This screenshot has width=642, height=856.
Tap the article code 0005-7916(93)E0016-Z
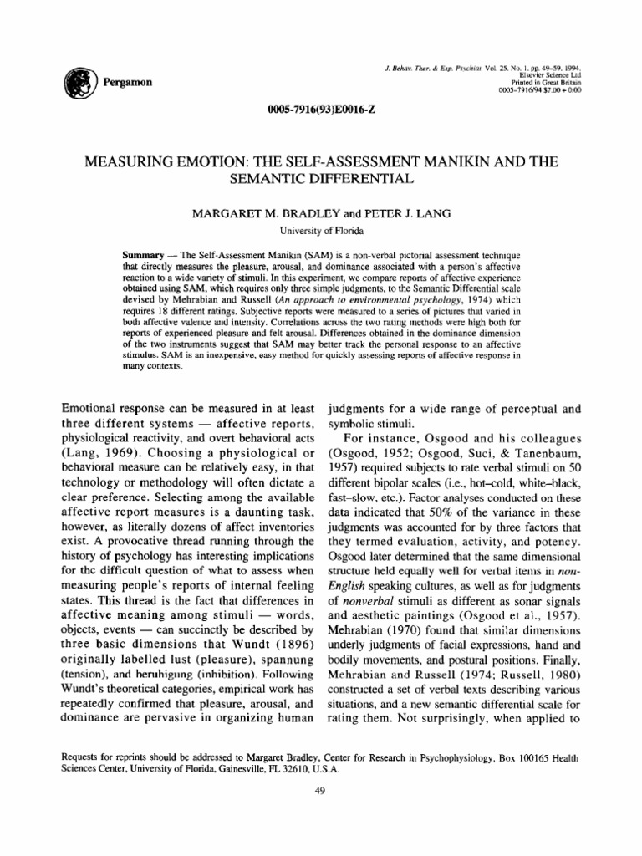tap(320, 111)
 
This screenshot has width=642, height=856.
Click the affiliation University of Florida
tap(321, 228)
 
